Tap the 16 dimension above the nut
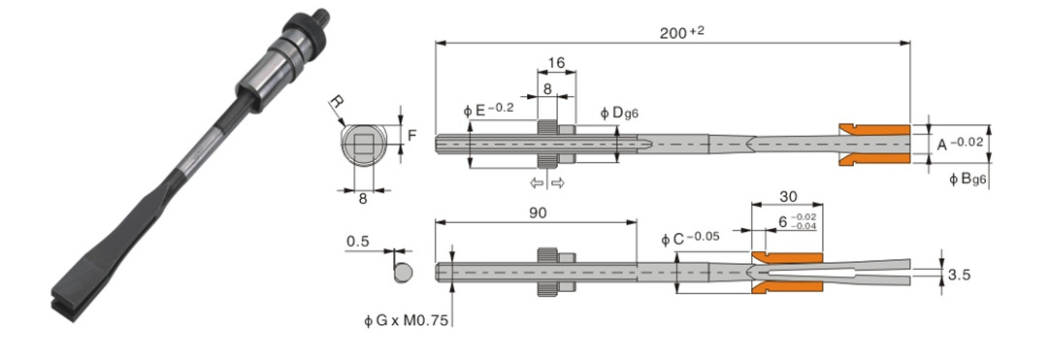556,62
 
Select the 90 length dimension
538,213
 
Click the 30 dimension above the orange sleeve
787,196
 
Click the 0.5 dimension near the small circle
358,242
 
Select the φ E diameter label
488,110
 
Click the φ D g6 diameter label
619,114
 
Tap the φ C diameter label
690,238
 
